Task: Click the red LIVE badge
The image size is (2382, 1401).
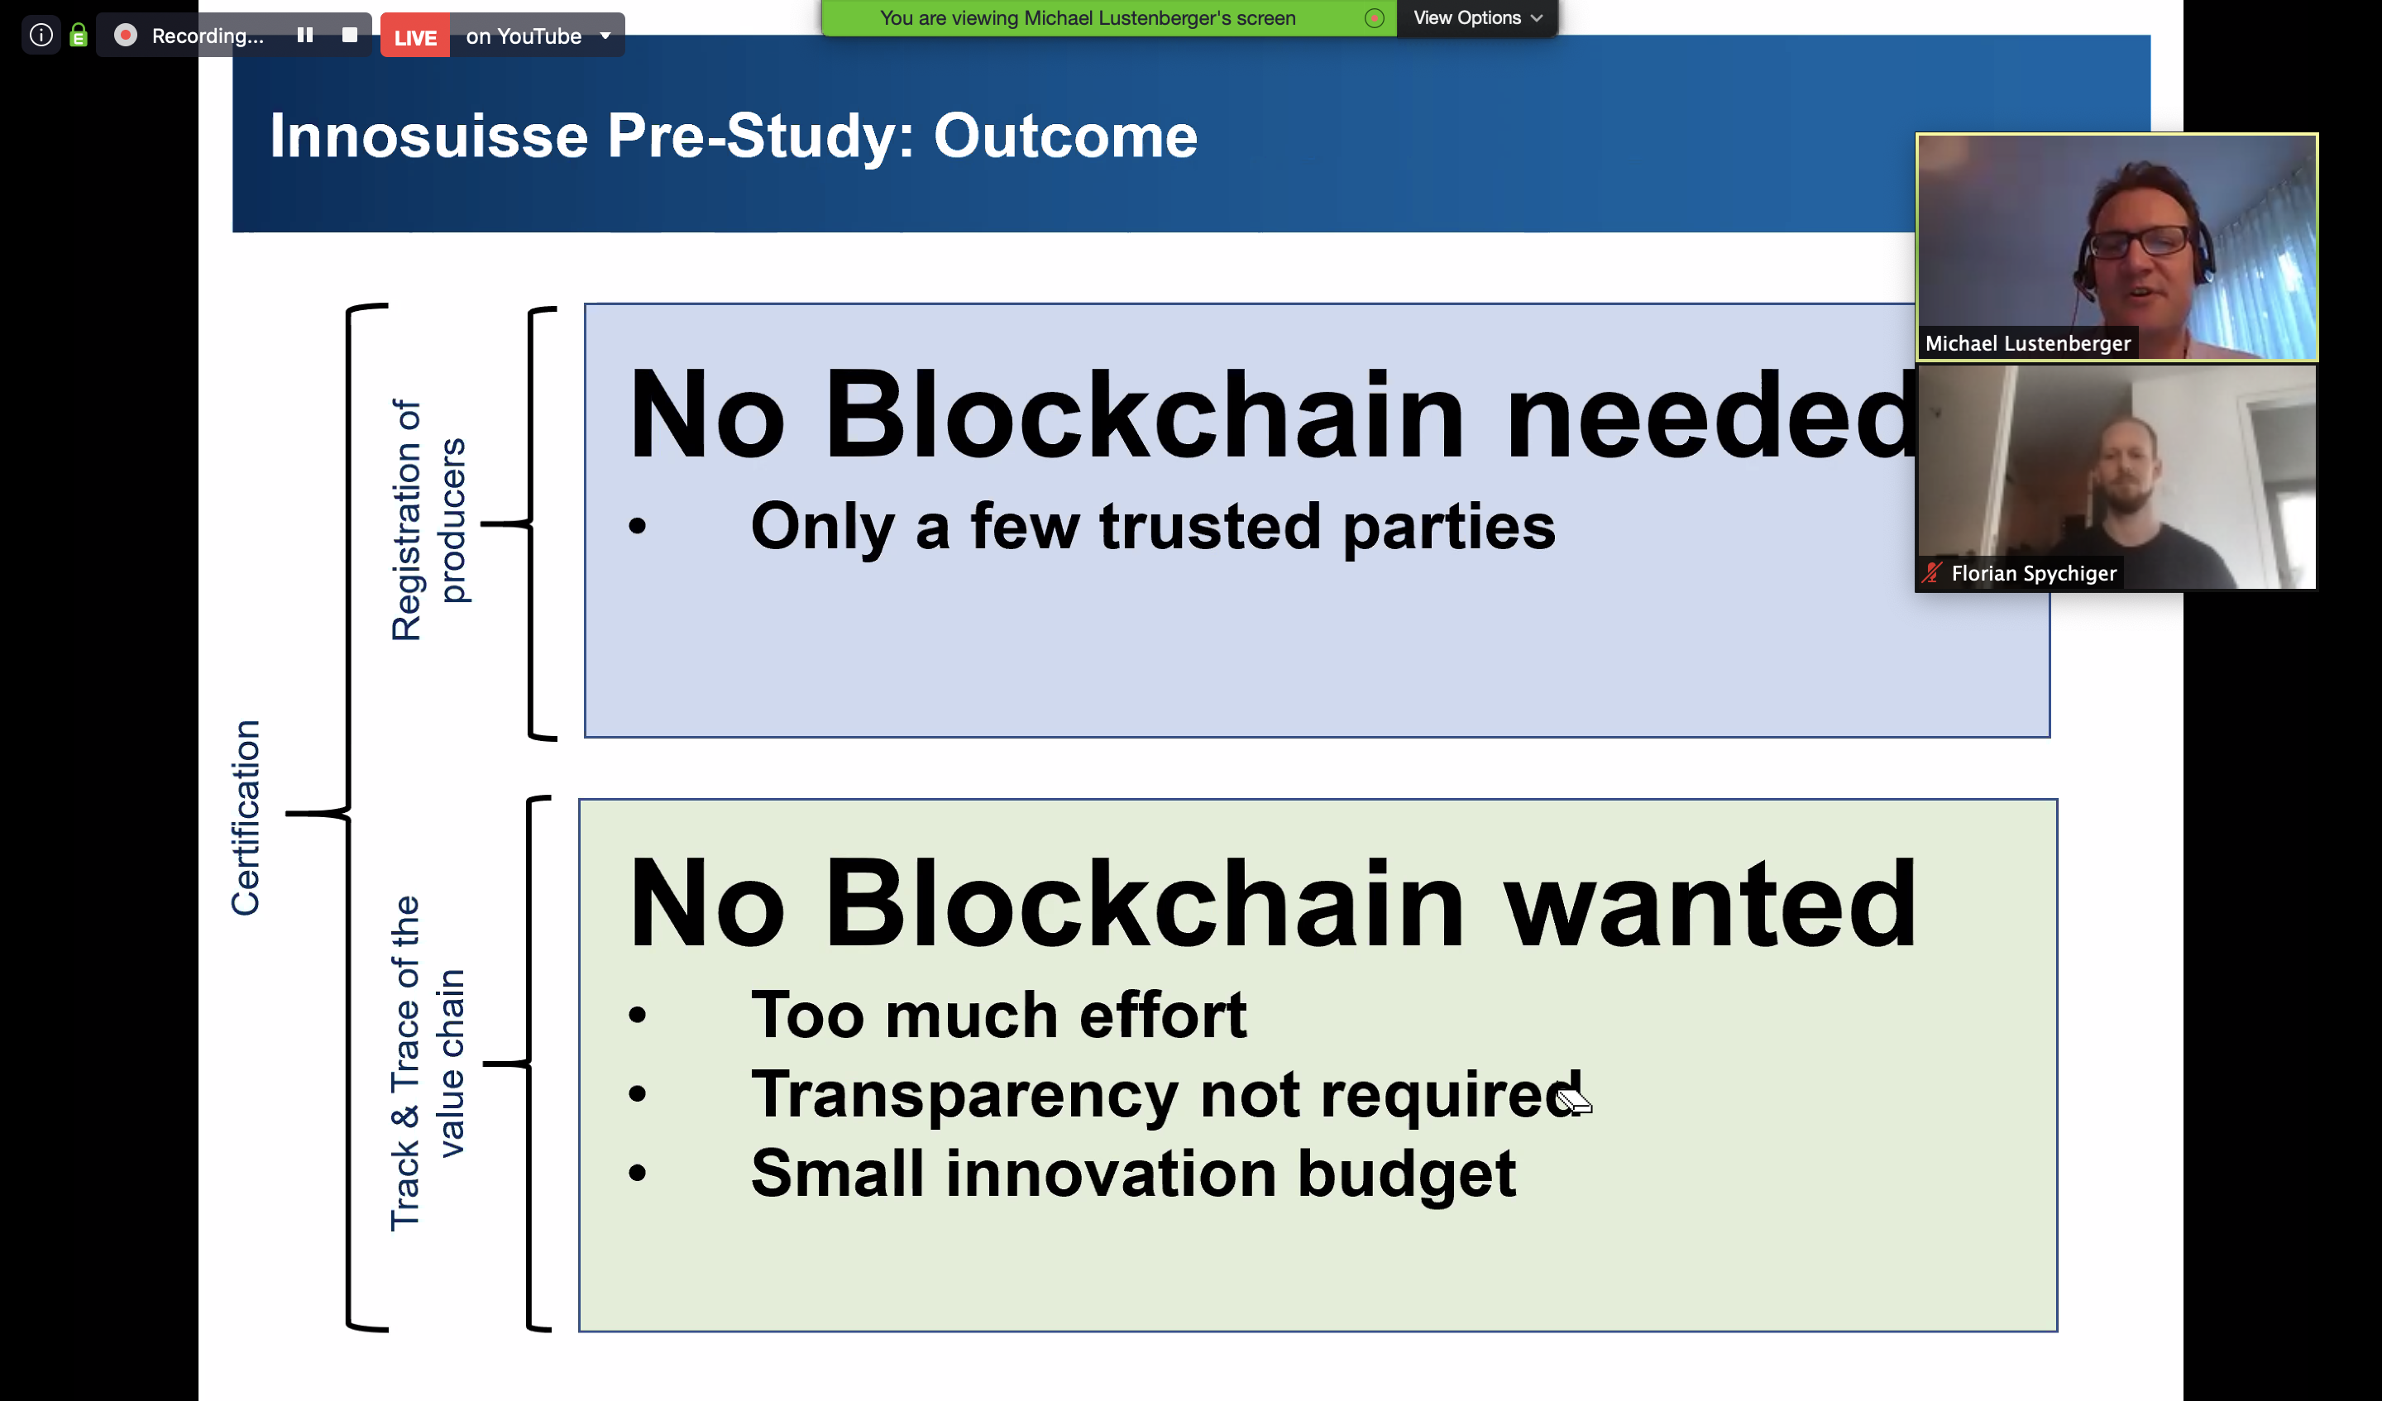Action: coord(415,36)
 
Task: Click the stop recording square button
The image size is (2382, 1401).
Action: coord(350,35)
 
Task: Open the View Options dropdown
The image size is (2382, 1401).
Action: coord(1477,18)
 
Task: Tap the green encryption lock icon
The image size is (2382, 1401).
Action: coord(79,35)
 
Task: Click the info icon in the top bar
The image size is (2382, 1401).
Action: coord(41,35)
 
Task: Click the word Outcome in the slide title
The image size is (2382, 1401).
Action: coord(1065,136)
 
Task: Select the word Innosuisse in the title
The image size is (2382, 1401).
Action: coord(429,136)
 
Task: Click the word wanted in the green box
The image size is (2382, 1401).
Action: coord(1711,905)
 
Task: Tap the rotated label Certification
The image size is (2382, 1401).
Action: coord(245,818)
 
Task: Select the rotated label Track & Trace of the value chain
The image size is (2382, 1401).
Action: coord(428,1063)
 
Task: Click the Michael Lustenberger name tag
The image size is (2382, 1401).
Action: coord(2027,343)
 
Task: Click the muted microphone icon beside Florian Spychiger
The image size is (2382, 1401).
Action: coord(1932,573)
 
